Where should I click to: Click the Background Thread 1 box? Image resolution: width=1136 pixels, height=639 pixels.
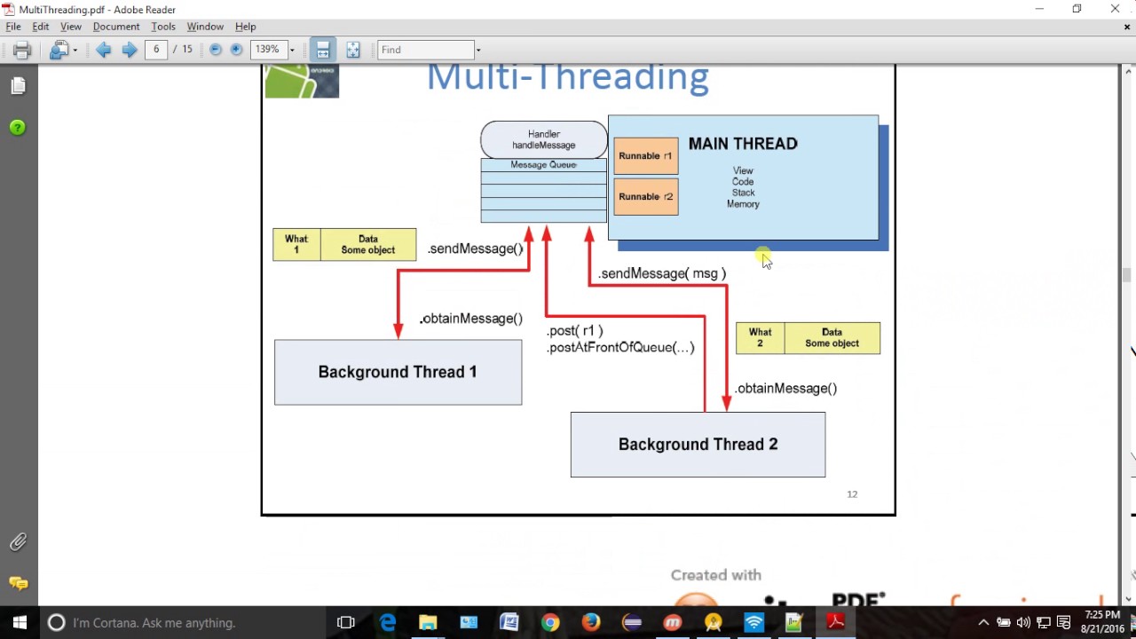click(398, 372)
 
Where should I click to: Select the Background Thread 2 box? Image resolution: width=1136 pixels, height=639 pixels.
click(698, 444)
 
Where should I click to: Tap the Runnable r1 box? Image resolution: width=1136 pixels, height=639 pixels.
click(645, 156)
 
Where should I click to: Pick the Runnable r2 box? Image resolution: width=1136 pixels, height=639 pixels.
click(645, 197)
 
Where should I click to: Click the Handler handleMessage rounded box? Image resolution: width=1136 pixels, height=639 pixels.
click(544, 140)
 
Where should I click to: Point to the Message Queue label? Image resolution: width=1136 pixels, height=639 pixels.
click(544, 165)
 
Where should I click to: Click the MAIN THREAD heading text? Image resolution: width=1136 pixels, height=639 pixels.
click(743, 144)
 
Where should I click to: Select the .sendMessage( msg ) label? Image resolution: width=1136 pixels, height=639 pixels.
click(662, 273)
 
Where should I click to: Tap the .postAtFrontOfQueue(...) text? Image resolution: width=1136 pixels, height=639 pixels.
click(621, 348)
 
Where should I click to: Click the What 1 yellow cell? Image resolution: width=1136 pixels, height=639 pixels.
click(296, 245)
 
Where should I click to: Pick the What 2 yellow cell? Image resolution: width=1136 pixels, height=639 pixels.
click(760, 338)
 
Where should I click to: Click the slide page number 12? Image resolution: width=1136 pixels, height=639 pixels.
click(852, 494)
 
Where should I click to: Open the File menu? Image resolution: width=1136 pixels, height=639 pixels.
click(13, 27)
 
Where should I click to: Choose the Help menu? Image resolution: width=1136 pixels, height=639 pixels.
click(246, 27)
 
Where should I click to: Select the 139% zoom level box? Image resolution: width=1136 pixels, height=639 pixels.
click(268, 50)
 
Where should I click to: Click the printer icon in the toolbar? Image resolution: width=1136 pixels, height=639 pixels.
click(22, 50)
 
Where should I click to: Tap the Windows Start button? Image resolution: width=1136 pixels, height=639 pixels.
click(20, 622)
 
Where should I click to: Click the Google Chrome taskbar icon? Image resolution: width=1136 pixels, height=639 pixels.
click(550, 622)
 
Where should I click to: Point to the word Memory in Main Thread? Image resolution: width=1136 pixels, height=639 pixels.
click(743, 204)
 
